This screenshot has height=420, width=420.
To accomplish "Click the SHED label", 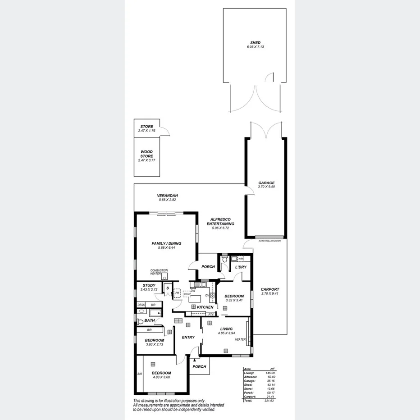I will (255, 43).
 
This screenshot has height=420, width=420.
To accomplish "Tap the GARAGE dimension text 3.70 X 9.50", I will (266, 187).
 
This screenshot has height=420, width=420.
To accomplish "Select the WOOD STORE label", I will (146, 154).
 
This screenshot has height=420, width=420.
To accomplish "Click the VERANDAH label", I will (166, 196).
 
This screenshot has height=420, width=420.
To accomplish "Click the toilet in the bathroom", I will (140, 321).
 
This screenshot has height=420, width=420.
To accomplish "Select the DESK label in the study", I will (141, 305).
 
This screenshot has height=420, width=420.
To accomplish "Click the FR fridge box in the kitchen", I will (178, 293).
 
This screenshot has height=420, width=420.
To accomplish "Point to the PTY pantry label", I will (210, 314).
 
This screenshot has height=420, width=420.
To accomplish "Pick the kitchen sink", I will (198, 284).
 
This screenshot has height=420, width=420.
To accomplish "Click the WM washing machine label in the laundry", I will (241, 259).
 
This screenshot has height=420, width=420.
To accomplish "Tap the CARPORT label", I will (270, 289).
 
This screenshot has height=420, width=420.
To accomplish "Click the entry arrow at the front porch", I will (195, 359).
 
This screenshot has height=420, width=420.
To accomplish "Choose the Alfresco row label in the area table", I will (249, 377).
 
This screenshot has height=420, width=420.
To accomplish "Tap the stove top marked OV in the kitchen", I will (212, 295).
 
